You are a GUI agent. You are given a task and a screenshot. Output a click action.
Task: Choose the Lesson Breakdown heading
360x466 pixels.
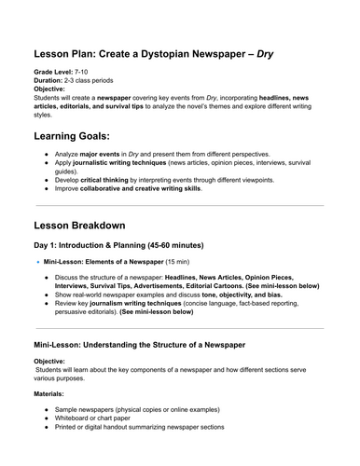[100, 226]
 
